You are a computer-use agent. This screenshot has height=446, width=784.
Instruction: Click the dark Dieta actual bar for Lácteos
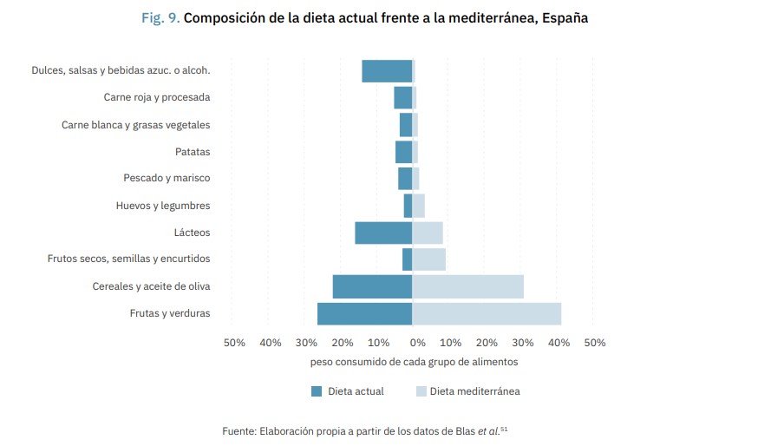383,233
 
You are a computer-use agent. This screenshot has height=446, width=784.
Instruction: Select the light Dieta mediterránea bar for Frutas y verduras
487,313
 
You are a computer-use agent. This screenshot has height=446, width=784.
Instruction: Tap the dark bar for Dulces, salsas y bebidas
387,71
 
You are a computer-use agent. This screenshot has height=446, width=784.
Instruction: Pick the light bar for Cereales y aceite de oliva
467,286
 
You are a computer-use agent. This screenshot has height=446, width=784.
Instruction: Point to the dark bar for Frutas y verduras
364,313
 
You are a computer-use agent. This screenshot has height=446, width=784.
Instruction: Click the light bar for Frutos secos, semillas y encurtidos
428,259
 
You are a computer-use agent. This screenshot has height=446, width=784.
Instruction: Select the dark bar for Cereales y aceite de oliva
372,286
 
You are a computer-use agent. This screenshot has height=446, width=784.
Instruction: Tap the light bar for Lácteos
428,233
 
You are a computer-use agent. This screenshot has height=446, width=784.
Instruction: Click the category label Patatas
193,152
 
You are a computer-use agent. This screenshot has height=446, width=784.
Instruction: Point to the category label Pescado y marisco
167,179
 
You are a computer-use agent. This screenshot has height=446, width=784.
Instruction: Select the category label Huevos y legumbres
163,206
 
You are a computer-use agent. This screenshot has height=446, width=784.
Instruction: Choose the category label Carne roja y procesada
157,97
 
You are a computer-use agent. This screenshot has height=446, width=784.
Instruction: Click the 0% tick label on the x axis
417,343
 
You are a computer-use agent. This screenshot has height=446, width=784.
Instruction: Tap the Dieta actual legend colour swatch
317,391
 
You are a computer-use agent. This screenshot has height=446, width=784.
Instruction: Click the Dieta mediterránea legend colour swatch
421,391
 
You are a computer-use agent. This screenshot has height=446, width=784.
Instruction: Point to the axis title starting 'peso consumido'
414,362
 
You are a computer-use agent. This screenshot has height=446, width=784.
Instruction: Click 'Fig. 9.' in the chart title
161,18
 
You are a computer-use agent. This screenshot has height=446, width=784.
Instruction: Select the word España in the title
565,18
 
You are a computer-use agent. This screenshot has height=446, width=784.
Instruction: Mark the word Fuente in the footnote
239,431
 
